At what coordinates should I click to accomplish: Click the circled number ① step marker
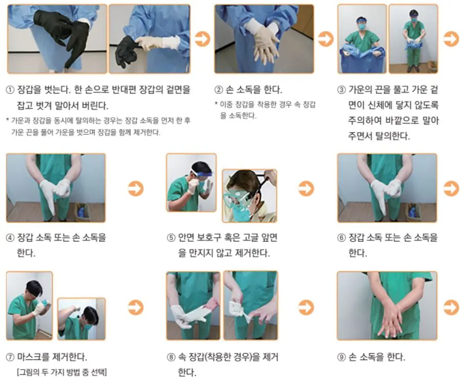click(x=11, y=90)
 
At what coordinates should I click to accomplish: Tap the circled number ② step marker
click(x=219, y=90)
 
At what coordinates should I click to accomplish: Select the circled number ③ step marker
click(x=342, y=90)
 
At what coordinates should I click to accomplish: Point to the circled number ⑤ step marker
click(x=171, y=238)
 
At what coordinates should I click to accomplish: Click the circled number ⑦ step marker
click(x=11, y=357)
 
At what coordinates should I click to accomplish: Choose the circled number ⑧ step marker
click(x=171, y=357)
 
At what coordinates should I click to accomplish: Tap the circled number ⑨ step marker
click(x=342, y=357)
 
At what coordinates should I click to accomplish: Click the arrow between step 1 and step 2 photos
click(x=202, y=39)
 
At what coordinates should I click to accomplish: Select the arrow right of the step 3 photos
click(x=451, y=39)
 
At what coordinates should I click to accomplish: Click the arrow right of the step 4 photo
click(x=135, y=188)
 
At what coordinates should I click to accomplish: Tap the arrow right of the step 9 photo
click(x=451, y=307)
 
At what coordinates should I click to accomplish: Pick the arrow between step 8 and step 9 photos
click(x=306, y=307)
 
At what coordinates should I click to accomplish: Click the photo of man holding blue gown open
click(x=362, y=39)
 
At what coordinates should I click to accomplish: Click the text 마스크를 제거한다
click(x=49, y=357)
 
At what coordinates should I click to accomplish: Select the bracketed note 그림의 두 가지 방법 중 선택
click(x=62, y=372)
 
